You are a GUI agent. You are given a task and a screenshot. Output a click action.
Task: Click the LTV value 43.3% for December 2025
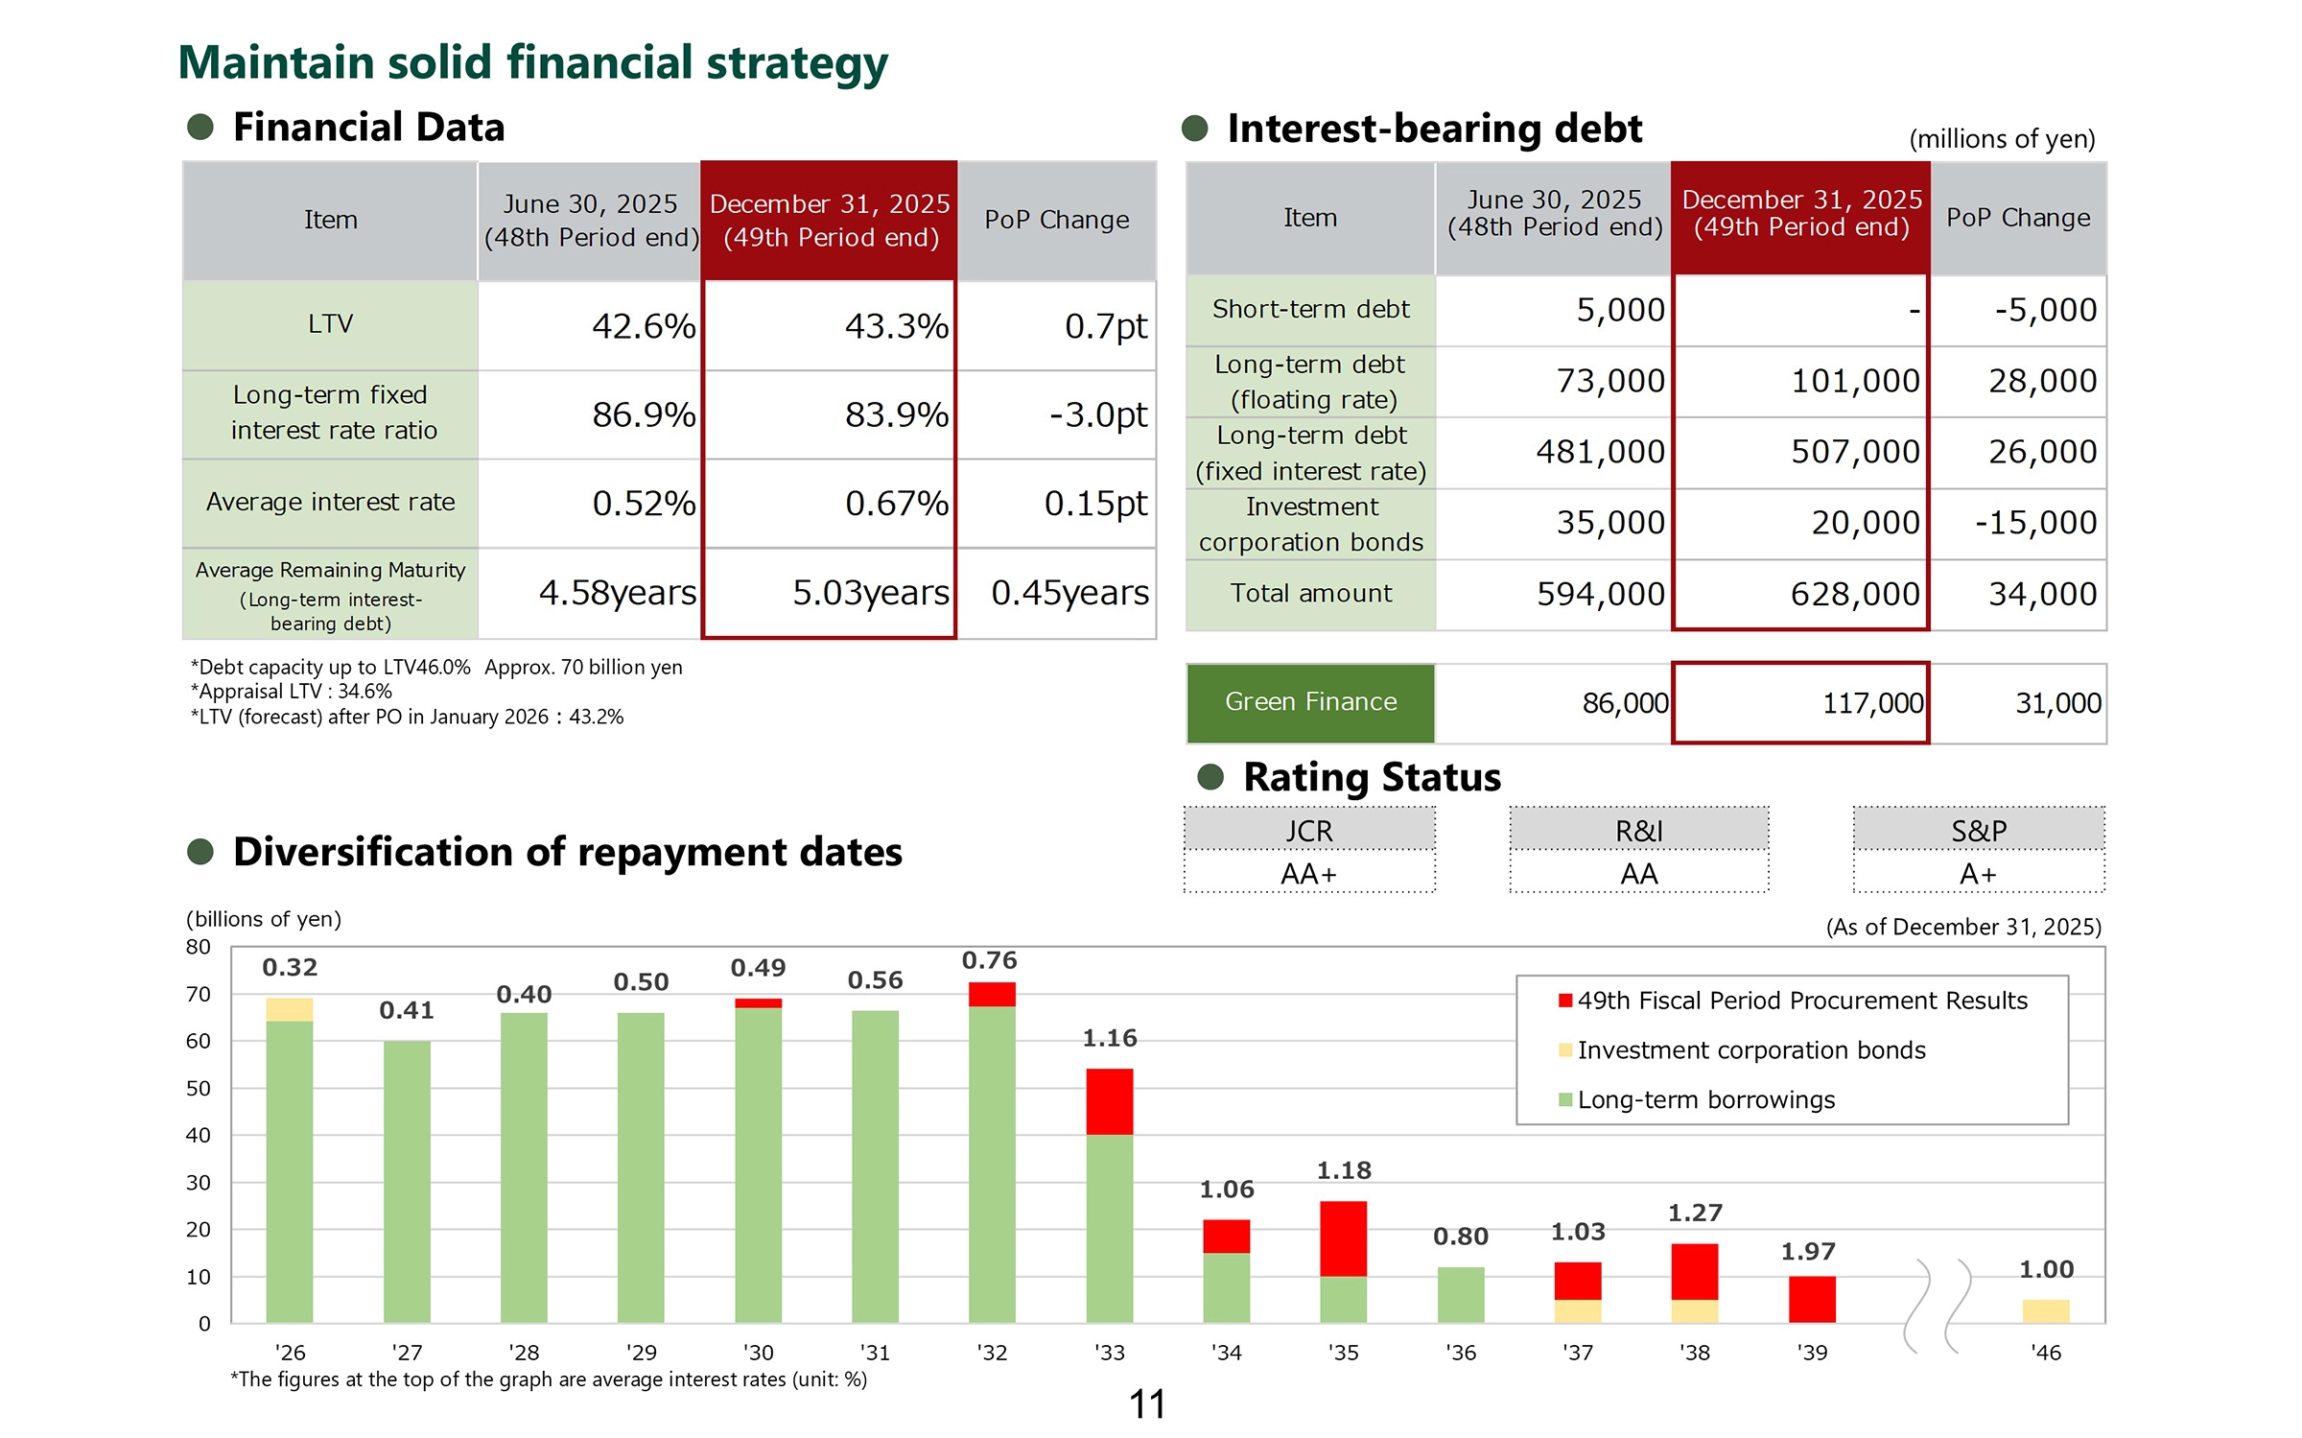pos(896,326)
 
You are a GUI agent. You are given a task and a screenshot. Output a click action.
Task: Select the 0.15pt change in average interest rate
pos(1095,503)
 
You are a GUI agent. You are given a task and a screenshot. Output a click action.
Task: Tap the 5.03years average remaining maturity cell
pos(870,593)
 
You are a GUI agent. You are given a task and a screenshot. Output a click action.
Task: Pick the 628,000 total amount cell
pos(1854,594)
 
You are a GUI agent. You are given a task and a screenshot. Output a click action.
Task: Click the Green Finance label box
pos(1310,702)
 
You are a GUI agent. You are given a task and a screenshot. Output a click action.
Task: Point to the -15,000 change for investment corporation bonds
pos(2035,523)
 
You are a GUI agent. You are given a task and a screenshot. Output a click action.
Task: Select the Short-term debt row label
pos(1310,309)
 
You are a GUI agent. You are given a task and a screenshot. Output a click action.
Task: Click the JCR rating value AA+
pos(1308,874)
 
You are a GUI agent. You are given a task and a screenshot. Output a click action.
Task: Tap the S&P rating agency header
pos(1978,831)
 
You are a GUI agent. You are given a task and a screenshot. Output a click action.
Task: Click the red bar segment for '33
pos(1109,1101)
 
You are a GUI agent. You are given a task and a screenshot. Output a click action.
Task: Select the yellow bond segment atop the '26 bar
pos(289,1009)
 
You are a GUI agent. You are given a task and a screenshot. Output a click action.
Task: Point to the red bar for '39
pos(1811,1299)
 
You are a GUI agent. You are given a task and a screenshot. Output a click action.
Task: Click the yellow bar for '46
pos(2045,1310)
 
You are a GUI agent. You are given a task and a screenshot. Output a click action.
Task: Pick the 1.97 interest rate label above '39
pos(1808,1251)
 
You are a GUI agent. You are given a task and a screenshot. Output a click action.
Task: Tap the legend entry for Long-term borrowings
pos(1705,1099)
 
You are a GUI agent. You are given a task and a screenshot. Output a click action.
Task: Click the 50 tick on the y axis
pos(198,1088)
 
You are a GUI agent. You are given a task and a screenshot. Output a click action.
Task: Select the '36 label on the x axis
pos(1460,1353)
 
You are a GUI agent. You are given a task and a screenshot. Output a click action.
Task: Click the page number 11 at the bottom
pos(1147,1404)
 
